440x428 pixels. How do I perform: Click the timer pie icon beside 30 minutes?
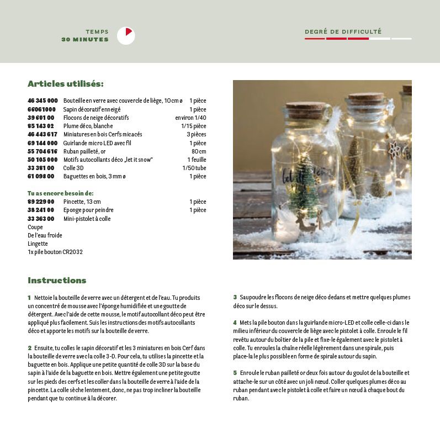pos(126,36)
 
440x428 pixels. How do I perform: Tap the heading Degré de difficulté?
pos(343,32)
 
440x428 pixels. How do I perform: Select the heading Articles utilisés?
pos(66,84)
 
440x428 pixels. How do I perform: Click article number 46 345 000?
pos(43,101)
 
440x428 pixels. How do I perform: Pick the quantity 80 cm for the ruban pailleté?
pos(199,151)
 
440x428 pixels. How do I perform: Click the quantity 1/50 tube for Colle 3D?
pos(194,168)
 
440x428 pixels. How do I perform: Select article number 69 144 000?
pos(43,143)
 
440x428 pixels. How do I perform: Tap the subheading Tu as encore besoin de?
pos(60,193)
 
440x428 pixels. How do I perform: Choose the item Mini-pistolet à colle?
pos(87,219)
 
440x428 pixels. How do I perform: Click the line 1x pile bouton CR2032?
pos(55,252)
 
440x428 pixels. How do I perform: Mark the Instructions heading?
pos(57,280)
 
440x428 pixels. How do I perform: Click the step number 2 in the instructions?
pos(29,348)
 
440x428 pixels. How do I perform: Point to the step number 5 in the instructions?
pos(235,373)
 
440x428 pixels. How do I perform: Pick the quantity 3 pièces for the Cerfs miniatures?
pos(196,134)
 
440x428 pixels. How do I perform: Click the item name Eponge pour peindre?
pos(88,210)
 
